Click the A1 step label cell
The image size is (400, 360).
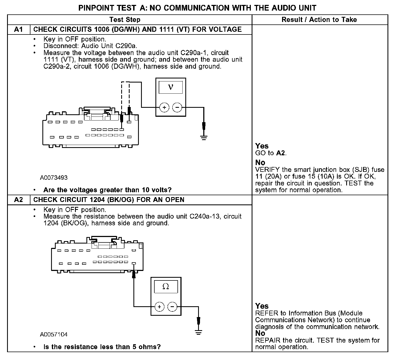click(18, 29)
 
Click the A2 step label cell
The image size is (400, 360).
click(18, 200)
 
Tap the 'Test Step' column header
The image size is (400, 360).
click(125, 20)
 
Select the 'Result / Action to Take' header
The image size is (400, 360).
click(319, 20)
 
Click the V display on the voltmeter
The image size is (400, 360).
click(171, 87)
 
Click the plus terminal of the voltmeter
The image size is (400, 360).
click(164, 108)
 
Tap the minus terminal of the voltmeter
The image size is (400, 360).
click(177, 108)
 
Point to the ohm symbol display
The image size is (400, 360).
click(166, 287)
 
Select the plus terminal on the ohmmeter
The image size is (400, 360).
click(159, 307)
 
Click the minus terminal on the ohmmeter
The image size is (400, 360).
click(172, 307)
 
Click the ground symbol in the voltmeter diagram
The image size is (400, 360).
click(204, 137)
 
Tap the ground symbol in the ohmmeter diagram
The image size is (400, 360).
click(199, 332)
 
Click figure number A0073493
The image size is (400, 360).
click(54, 178)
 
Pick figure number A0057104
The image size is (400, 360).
click(54, 334)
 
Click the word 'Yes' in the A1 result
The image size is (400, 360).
click(262, 146)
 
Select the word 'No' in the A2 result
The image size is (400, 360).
click(260, 333)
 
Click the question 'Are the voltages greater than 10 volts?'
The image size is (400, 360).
click(107, 190)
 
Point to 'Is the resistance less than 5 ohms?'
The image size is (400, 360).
click(102, 347)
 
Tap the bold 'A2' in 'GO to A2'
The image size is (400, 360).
click(281, 153)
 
